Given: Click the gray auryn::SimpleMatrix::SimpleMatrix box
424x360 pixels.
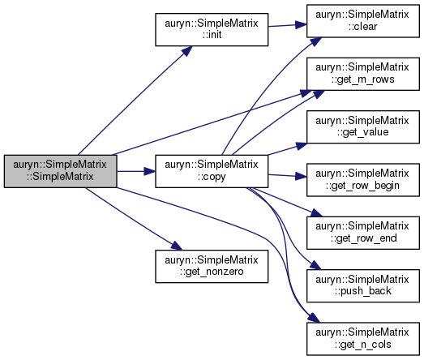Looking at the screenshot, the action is (x=60, y=171).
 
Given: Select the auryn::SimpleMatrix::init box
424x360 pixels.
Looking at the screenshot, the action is (x=212, y=29).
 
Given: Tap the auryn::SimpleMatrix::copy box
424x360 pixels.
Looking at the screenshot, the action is (x=212, y=171).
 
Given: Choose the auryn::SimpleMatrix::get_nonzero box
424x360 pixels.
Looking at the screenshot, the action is (x=212, y=267).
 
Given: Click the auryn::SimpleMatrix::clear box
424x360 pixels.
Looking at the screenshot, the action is (x=363, y=21).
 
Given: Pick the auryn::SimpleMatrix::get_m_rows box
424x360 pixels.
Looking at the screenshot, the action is (x=363, y=74).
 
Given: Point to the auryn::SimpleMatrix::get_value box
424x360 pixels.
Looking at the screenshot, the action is (x=363, y=126).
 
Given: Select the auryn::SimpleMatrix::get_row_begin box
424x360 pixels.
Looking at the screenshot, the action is (x=363, y=180).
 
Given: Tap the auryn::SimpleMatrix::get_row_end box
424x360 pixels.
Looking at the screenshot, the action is (x=363, y=233).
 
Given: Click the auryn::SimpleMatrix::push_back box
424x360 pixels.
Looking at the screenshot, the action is (x=363, y=286).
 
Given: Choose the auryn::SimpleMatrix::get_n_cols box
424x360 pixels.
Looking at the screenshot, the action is (x=363, y=339).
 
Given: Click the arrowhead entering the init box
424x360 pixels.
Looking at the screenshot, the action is (x=186, y=51).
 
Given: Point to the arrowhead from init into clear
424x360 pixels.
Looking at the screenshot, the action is (x=301, y=25).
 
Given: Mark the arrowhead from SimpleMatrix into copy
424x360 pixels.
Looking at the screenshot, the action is (x=149, y=171).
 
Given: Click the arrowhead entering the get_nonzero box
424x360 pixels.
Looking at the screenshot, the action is (x=177, y=246).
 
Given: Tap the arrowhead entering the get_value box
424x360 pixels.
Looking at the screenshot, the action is (x=302, y=146).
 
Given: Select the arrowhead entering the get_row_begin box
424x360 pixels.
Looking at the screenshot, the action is (x=301, y=177).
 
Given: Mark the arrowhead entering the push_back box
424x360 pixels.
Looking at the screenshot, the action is (x=315, y=265).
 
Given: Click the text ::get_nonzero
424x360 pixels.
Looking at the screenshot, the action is (x=212, y=272).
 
